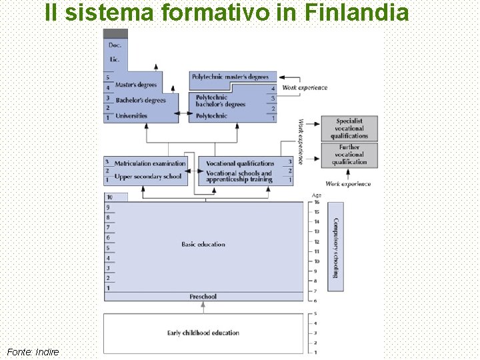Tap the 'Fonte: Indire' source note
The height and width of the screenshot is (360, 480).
(33, 351)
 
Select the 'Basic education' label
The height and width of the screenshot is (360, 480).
(203, 245)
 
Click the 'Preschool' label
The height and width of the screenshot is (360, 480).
(203, 297)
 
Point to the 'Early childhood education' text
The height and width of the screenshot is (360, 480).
(203, 333)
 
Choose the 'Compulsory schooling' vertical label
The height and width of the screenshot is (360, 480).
(336, 248)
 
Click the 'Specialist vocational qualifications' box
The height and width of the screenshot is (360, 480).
(349, 128)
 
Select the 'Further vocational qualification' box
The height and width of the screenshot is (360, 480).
(349, 155)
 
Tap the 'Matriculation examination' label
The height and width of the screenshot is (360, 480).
(150, 163)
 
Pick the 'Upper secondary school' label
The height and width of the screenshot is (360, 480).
(148, 177)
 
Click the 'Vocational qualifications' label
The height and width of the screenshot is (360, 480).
(240, 163)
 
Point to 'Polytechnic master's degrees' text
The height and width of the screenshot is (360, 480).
(230, 77)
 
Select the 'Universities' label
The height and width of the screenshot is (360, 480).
(131, 116)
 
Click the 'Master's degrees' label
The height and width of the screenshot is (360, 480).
(136, 85)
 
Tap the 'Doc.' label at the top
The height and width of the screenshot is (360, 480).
(115, 45)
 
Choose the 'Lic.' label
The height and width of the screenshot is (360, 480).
(115, 59)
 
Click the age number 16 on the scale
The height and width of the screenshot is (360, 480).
(317, 201)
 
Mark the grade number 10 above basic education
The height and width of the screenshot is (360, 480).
(109, 197)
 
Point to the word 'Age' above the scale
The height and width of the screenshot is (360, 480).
(317, 195)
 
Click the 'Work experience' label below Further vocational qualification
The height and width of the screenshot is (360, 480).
(348, 184)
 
